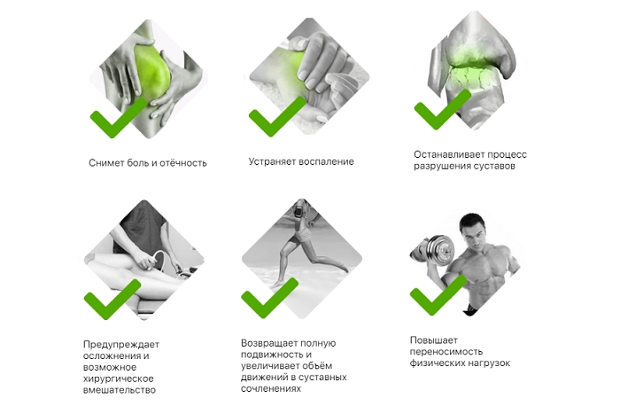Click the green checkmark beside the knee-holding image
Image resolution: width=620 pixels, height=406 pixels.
click(x=119, y=119)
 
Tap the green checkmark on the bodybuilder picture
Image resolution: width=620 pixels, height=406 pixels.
click(x=438, y=296)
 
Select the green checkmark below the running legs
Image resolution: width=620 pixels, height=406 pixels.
click(x=269, y=299)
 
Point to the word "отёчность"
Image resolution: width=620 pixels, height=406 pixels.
click(x=185, y=163)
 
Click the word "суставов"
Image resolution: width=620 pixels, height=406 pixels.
click(x=496, y=166)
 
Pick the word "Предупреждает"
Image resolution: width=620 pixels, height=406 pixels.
click(x=121, y=345)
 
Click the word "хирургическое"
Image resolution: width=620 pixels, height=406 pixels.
click(x=118, y=379)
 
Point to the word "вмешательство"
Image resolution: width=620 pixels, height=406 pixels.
click(x=120, y=390)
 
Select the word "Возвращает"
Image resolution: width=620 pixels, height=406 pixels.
click(x=269, y=343)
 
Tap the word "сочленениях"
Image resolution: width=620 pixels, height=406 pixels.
click(x=271, y=389)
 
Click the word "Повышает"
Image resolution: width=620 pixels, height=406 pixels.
click(x=434, y=340)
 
